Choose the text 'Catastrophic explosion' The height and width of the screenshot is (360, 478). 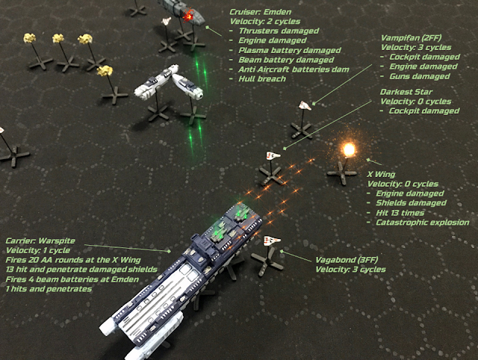pyautogui.click(x=423, y=222)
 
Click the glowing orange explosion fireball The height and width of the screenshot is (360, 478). pyautogui.click(x=347, y=149)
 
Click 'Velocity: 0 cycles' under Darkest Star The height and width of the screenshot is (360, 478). pyautogui.click(x=417, y=101)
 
